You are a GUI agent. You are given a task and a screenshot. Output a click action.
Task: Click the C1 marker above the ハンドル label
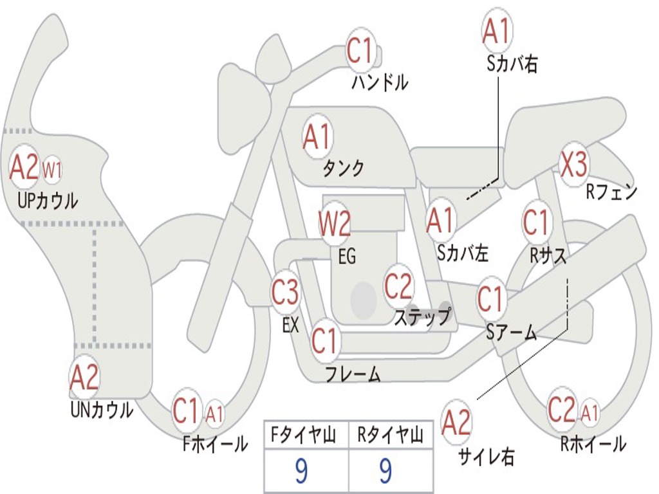[x=360, y=50]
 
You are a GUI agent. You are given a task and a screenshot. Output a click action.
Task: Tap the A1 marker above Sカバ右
[x=497, y=31]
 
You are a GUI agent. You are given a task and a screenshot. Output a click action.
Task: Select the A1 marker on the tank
[x=317, y=138]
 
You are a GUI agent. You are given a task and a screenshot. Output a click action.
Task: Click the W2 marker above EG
[x=335, y=223]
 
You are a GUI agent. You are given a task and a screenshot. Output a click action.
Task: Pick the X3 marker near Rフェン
[x=573, y=164]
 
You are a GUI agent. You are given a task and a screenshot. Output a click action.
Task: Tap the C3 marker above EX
[x=285, y=291]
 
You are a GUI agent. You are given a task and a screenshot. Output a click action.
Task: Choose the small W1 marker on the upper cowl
[x=52, y=170]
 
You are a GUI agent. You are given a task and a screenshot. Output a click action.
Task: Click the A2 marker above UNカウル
[x=84, y=377]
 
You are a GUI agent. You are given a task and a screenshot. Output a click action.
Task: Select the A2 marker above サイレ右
[x=456, y=422]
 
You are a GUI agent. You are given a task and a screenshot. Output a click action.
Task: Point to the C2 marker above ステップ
[x=398, y=286]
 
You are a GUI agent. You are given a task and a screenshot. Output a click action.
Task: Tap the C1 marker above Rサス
[x=536, y=222]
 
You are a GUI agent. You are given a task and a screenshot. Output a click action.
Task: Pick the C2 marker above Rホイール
[x=561, y=409]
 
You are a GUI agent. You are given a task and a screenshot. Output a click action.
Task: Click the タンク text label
[x=344, y=168]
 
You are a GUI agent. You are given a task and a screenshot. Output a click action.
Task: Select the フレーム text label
[x=353, y=374]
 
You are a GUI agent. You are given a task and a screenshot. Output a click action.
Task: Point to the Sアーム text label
[x=512, y=333]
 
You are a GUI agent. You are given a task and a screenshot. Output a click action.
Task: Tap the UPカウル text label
[x=48, y=201]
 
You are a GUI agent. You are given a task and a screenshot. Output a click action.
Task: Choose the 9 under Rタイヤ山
[x=386, y=471]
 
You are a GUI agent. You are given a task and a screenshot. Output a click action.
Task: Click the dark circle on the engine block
[x=363, y=300]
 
